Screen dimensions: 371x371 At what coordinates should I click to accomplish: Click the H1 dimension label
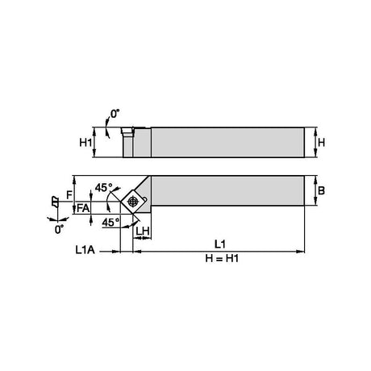[85, 143]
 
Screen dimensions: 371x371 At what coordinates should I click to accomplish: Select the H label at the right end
[321, 143]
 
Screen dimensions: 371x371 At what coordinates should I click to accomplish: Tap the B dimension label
[321, 190]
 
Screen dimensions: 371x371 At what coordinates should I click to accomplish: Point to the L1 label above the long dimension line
[220, 244]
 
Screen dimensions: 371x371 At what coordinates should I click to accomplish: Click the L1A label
[85, 250]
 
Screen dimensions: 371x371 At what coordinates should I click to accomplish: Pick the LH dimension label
[143, 231]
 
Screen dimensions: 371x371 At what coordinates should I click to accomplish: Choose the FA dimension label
[83, 208]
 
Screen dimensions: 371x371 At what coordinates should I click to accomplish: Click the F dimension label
[69, 194]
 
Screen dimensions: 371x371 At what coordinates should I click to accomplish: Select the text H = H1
[222, 259]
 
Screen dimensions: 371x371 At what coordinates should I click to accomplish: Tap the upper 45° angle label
[103, 188]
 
